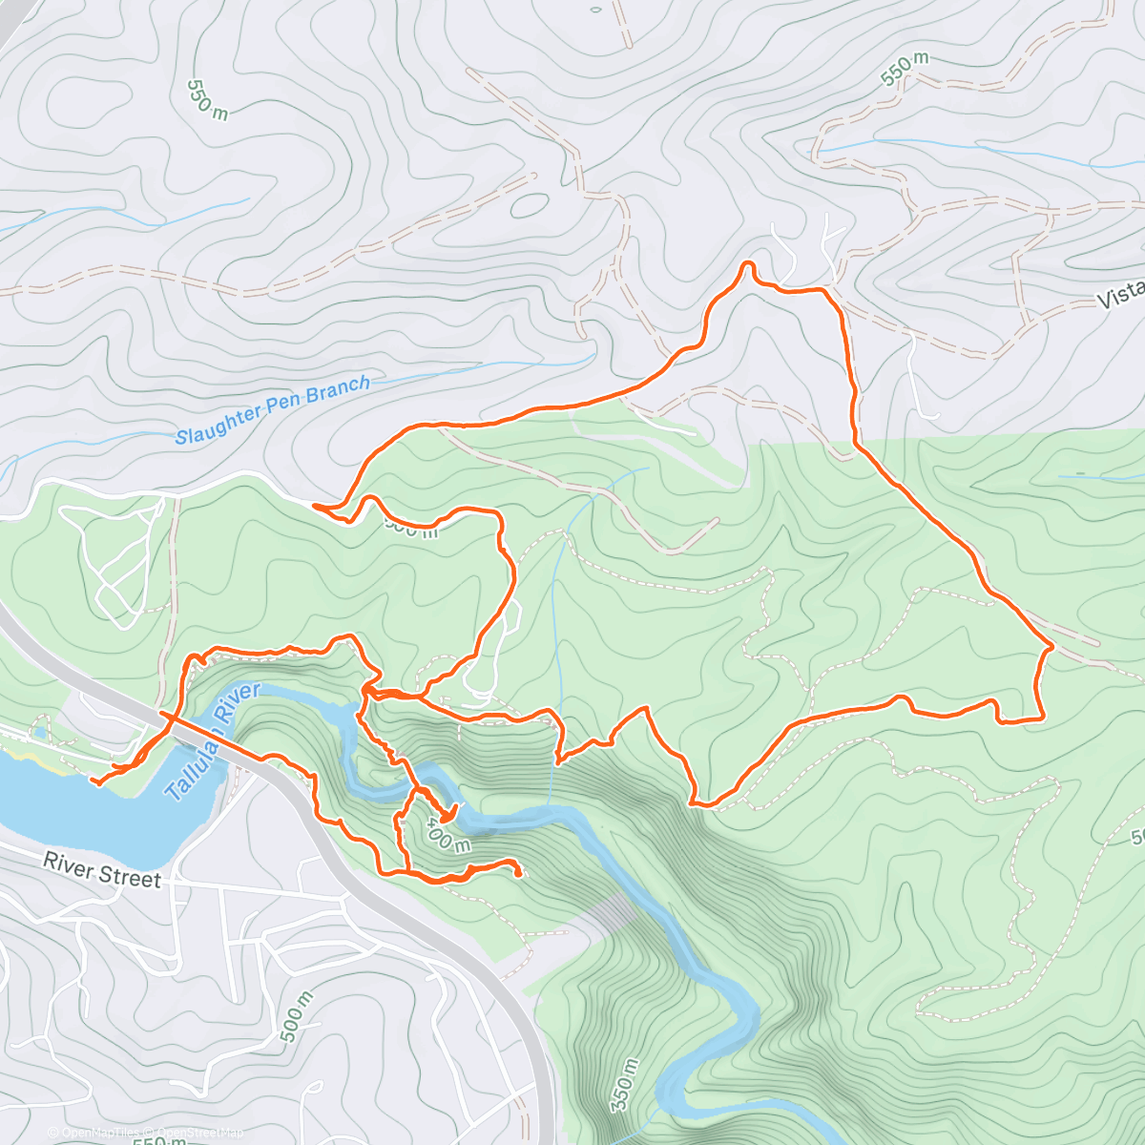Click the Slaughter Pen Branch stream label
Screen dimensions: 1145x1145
(x=272, y=410)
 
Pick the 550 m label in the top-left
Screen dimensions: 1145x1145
(x=207, y=99)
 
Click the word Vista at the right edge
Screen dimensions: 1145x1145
(x=1120, y=295)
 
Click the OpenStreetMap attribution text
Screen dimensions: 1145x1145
(x=197, y=1134)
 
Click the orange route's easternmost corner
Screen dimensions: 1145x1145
(x=1051, y=647)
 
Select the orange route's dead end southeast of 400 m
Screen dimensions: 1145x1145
(x=518, y=873)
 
